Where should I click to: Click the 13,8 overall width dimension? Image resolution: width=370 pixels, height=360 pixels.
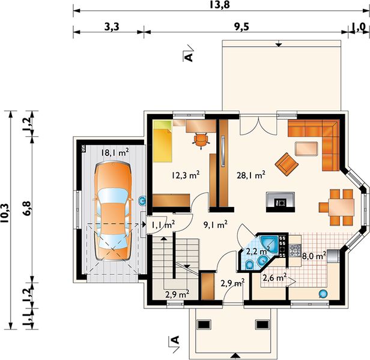[219, 4]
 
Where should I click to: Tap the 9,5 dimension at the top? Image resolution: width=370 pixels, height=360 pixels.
[241, 27]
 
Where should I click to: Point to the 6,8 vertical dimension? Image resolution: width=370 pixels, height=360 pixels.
[26, 208]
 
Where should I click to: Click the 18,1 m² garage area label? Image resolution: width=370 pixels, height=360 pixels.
[115, 152]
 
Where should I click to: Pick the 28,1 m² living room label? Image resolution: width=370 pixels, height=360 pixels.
[251, 175]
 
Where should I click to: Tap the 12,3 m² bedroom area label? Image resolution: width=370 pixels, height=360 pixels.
[186, 175]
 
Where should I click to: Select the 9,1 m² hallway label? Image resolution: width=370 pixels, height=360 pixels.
[215, 224]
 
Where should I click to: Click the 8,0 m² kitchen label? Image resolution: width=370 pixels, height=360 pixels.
[314, 256]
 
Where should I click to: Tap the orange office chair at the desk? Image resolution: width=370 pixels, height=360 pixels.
[201, 140]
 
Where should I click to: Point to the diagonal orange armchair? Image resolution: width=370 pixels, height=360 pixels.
[287, 164]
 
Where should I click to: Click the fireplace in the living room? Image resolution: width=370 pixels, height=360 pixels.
[281, 202]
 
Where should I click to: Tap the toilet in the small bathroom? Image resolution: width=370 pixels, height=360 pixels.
[249, 265]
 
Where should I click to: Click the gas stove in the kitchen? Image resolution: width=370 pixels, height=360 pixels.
[295, 250]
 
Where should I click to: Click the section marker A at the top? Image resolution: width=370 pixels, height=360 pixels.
[189, 57]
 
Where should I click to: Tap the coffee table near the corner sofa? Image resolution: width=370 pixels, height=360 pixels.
[306, 149]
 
